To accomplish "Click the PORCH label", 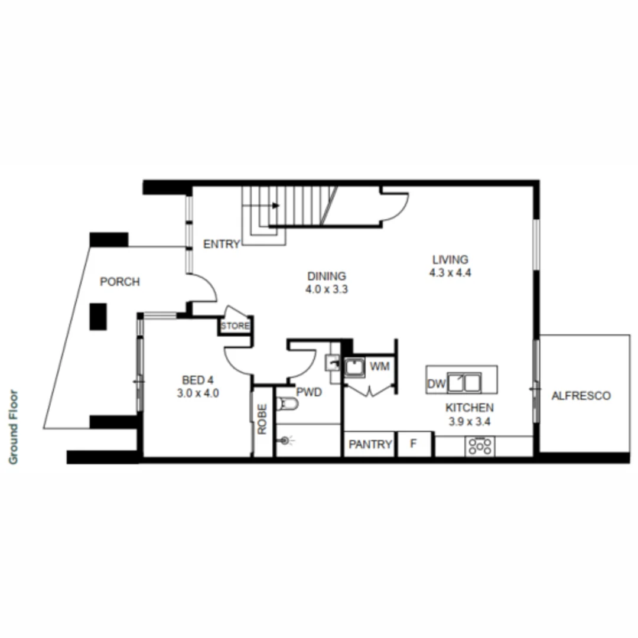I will (120, 282).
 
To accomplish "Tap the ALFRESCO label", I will (581, 396).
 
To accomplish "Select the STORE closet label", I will (235, 326).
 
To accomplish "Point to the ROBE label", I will (263, 419).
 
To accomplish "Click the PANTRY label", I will (370, 444).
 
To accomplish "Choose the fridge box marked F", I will (414, 444).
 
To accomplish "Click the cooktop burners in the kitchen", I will (480, 446).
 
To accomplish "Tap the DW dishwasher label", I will (436, 385).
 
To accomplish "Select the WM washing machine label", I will (379, 367).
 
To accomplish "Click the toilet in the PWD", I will (289, 404).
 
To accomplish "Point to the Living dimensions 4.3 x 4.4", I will (450, 273).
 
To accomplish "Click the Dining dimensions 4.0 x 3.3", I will (326, 289).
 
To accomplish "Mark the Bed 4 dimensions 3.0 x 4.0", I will (198, 393).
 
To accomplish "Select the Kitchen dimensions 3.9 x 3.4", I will (470, 422).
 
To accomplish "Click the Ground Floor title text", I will (14, 427).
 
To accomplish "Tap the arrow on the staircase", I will (276, 206).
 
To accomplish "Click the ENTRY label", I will (222, 244).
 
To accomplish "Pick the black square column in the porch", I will (98, 317).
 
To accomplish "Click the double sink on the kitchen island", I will (464, 383).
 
